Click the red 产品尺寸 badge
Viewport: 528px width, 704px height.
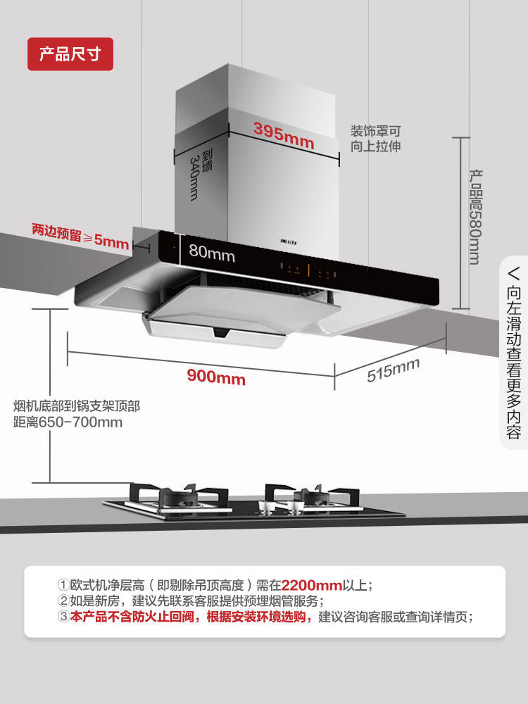point(70,54)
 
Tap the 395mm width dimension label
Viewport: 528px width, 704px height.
point(284,134)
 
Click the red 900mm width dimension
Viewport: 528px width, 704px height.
point(216,377)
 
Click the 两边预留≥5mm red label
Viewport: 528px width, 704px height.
point(80,237)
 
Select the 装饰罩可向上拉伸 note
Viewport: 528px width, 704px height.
point(376,139)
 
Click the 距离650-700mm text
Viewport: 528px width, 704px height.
point(68,422)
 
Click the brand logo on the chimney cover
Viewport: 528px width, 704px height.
point(287,242)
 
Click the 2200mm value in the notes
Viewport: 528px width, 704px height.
point(311,585)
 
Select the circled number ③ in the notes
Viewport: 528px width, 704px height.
point(63,617)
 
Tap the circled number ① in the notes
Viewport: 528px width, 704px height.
point(63,585)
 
